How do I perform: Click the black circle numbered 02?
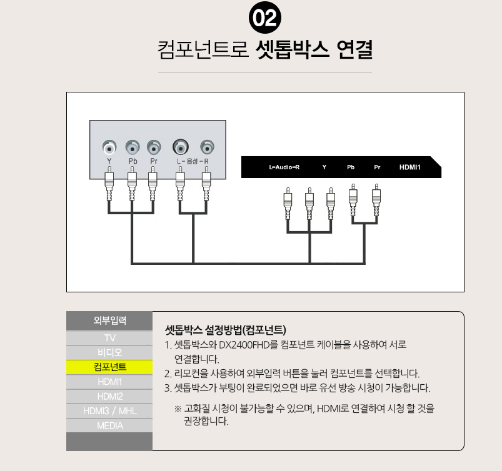265,17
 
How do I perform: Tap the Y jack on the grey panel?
109,147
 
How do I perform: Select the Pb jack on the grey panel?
133,147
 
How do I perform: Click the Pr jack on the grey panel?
154,147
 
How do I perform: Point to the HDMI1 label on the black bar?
410,167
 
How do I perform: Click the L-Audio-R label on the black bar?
284,167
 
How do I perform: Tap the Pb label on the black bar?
351,167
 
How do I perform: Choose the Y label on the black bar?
324,167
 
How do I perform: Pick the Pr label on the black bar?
377,167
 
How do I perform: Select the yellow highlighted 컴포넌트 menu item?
109,367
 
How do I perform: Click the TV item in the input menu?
109,338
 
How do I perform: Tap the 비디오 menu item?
109,352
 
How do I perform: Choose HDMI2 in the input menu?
109,397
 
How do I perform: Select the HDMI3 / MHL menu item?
109,411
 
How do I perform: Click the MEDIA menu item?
109,425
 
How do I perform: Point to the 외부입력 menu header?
109,320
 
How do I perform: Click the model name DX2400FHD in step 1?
244,345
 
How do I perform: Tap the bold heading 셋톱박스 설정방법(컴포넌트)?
226,330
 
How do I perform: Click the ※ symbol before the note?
178,409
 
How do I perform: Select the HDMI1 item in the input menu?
109,382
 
